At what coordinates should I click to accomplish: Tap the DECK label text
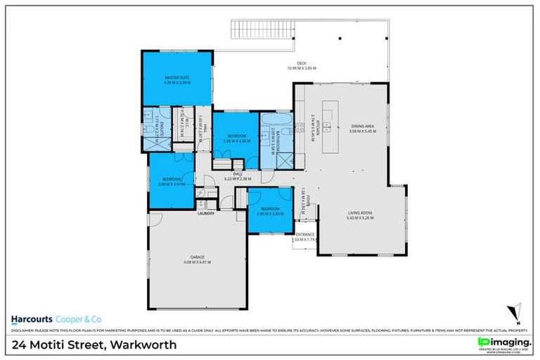302,64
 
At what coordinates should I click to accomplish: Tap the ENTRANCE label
305,234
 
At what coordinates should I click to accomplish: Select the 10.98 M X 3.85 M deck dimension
302,69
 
